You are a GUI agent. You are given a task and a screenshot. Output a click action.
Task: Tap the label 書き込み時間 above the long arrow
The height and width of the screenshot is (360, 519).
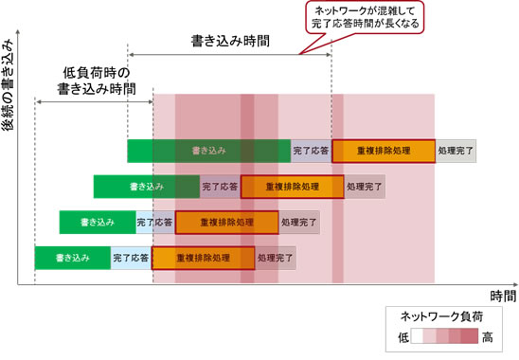230,42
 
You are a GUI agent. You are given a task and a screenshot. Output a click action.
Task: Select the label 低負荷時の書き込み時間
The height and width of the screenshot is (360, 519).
95,81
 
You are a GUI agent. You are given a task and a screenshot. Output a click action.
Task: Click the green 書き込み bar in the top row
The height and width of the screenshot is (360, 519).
208,151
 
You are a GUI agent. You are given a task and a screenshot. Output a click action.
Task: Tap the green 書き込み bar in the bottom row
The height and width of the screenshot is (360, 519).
73,258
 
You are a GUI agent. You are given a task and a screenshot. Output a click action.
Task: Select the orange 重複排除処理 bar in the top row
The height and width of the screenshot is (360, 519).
384,151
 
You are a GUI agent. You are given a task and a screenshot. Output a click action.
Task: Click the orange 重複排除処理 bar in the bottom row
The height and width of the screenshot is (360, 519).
204,258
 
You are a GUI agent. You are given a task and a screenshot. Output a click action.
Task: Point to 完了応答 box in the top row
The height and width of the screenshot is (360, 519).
311,151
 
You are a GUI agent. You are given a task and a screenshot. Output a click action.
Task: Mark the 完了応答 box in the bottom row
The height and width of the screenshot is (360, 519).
132,258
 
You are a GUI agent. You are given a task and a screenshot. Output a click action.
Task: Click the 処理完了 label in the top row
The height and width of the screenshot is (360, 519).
456,151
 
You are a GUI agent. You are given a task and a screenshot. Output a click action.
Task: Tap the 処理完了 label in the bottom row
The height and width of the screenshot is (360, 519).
277,258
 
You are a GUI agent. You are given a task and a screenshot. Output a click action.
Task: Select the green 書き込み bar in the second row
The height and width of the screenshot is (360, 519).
147,187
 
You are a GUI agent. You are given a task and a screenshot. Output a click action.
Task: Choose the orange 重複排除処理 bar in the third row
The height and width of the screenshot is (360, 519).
226,223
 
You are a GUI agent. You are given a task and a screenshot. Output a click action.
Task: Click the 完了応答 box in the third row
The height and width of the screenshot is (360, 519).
155,223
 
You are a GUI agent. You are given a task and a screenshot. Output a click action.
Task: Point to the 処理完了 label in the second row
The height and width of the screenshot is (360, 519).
366,187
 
